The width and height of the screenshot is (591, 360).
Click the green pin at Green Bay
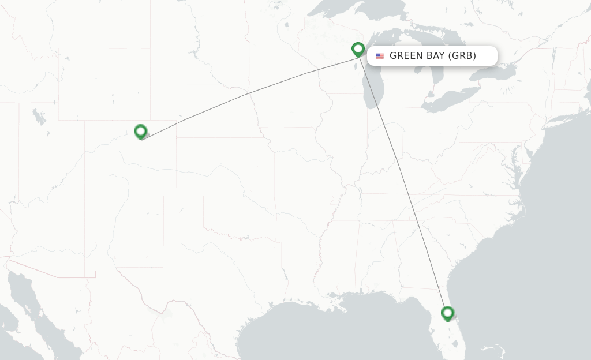[358, 49]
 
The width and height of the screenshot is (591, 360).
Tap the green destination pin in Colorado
[140, 132]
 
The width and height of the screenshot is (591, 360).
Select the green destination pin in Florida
[447, 313]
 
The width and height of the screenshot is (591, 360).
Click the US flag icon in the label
[380, 56]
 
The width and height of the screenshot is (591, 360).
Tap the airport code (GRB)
[463, 56]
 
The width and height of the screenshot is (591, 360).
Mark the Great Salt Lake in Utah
[39, 117]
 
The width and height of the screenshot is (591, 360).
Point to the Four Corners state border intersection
[85, 187]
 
